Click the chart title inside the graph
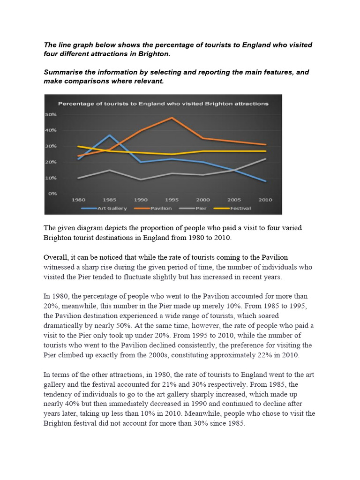(x=163, y=103)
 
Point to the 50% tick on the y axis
(x=51, y=115)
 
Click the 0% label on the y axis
(x=52, y=193)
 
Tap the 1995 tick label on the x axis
(x=172, y=200)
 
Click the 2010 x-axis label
(x=265, y=200)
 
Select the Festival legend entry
(x=239, y=208)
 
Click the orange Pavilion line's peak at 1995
(x=172, y=118)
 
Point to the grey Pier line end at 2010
(x=266, y=158)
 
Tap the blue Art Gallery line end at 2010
(x=266, y=181)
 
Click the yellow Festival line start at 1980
(x=78, y=146)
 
